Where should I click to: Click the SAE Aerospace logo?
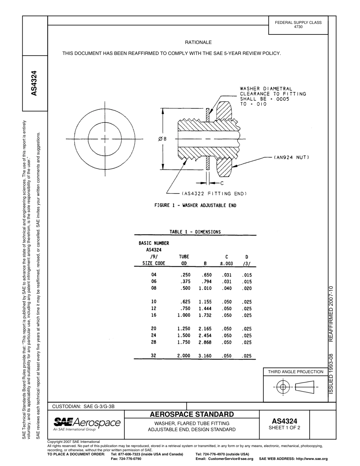pos(87,424)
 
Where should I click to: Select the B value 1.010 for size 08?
pos(205,289)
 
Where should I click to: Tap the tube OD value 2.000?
pos(184,356)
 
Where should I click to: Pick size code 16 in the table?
pos(153,316)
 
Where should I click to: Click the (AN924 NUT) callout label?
pos(292,157)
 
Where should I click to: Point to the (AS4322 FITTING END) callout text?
pos(214,194)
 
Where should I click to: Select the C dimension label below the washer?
pos(222,183)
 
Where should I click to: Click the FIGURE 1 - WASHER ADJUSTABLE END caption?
pos(195,205)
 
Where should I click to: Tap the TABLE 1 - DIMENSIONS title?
pos(195,232)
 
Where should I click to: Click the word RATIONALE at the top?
pos(198,42)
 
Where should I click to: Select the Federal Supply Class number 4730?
pos(298,27)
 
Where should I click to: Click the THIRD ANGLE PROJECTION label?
pos(296,372)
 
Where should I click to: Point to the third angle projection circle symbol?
pos(282,387)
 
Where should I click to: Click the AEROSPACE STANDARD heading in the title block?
pos(192,414)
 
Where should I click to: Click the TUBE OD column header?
pos(184,260)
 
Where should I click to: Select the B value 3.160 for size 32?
pos(205,356)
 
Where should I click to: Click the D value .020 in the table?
pos(247,289)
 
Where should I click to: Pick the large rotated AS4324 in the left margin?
pos(34,83)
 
